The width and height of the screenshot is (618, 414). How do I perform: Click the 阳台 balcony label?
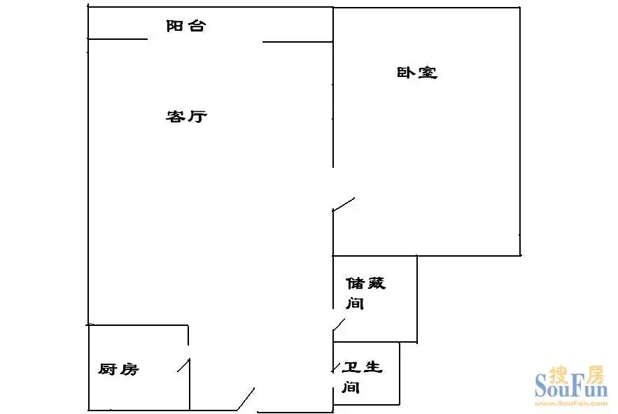pyautogui.click(x=185, y=26)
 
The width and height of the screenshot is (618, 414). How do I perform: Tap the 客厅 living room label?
pyautogui.click(x=186, y=116)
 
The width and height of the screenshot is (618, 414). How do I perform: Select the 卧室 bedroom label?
pyautogui.click(x=416, y=73)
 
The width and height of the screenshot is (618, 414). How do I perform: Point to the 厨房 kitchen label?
pyautogui.click(x=118, y=369)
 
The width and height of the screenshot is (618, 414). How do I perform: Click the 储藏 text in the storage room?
pyautogui.click(x=366, y=283)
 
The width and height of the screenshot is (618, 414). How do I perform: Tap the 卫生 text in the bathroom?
pyautogui.click(x=362, y=367)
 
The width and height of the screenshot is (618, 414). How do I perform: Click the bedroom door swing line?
pyautogui.click(x=344, y=204)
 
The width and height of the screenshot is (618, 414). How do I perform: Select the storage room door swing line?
pyautogui.click(x=339, y=324)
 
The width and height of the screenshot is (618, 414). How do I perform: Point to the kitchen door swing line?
pyautogui.click(x=183, y=365)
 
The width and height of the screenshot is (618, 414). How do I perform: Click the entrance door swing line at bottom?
pyautogui.click(x=246, y=399)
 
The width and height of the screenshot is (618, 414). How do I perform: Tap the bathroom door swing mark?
pyautogui.click(x=336, y=368)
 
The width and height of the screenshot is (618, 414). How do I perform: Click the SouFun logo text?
pyautogui.click(x=571, y=388)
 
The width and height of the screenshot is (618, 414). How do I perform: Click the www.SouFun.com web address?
pyautogui.click(x=571, y=403)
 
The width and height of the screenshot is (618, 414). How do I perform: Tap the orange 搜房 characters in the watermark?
pyautogui.click(x=577, y=374)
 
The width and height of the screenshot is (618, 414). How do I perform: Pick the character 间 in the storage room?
pyautogui.click(x=354, y=304)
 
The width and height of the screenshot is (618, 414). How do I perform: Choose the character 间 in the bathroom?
pyautogui.click(x=351, y=387)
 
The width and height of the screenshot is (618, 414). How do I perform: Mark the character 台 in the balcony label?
pyautogui.click(x=196, y=26)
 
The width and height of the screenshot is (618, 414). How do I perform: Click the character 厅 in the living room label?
pyautogui.click(x=197, y=116)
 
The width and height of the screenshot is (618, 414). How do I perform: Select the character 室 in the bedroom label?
pyautogui.click(x=428, y=73)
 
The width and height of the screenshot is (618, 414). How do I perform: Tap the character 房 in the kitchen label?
pyautogui.click(x=129, y=369)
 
